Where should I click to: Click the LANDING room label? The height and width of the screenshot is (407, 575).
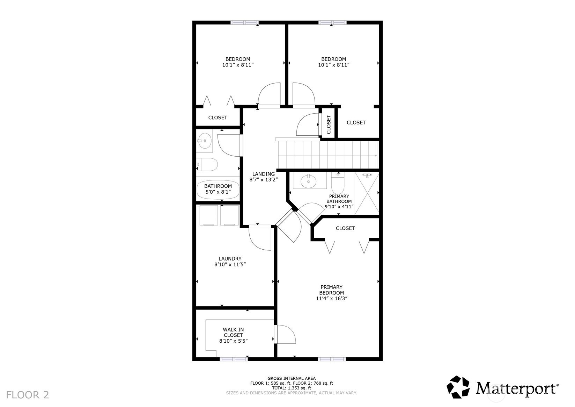[263, 174]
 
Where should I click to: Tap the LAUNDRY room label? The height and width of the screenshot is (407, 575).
[230, 259]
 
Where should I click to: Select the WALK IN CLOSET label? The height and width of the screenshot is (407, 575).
[233, 332]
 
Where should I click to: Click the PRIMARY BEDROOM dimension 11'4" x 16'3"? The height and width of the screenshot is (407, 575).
[332, 299]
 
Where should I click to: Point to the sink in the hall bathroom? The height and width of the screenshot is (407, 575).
[205, 141]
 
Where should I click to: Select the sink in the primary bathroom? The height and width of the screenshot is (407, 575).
[308, 181]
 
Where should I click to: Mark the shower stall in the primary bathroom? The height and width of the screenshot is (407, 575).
[367, 193]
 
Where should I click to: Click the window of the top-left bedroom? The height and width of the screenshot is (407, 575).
[244, 22]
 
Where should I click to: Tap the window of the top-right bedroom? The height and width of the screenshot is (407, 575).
[332, 22]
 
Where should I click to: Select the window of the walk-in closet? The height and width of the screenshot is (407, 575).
[234, 359]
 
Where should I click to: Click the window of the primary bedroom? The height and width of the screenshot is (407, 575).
[332, 359]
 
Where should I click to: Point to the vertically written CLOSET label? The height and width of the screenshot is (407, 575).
[329, 124]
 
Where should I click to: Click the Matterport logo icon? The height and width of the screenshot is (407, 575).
[458, 387]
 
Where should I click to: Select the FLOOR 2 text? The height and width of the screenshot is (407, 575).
[28, 395]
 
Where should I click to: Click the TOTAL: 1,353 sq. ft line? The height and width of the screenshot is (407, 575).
[292, 388]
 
